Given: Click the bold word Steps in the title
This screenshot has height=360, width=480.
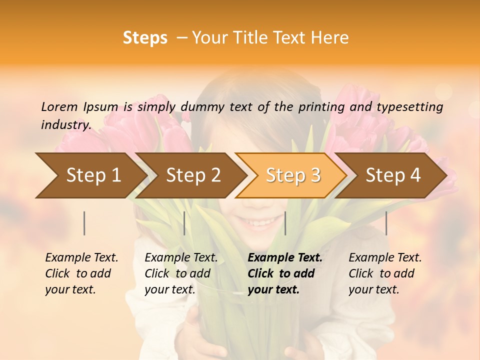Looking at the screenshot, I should [x=145, y=38].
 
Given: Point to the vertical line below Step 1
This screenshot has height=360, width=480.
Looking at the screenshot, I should [x=84, y=223].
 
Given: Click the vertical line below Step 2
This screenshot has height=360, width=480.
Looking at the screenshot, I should [x=184, y=223].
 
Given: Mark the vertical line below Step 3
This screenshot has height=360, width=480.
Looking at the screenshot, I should [x=285, y=223].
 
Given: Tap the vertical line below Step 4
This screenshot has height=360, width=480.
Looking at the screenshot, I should [x=386, y=223].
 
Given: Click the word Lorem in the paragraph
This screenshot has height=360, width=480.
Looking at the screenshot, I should [x=59, y=106].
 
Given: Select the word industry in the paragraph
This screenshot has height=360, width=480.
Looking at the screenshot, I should [x=65, y=124].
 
